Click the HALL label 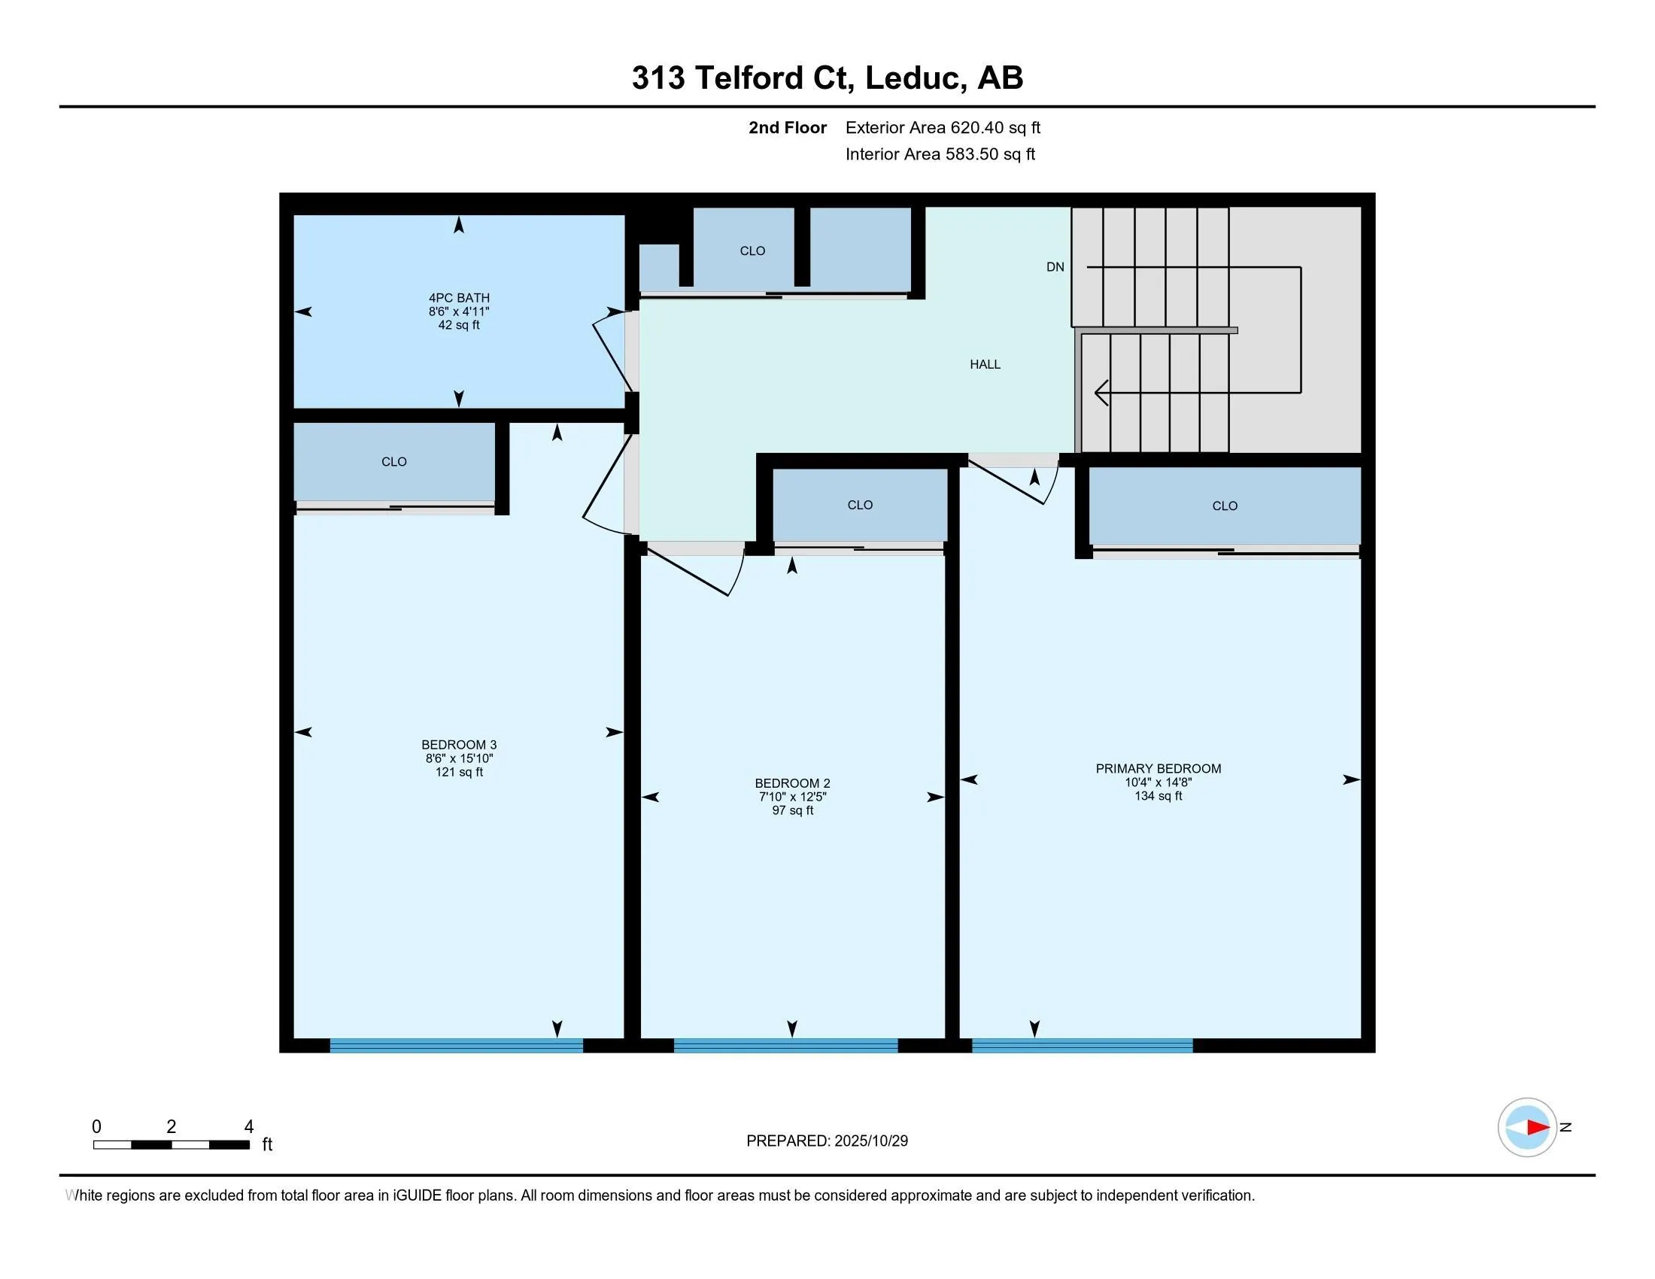pyautogui.click(x=985, y=364)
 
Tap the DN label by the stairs pyautogui.click(x=1055, y=267)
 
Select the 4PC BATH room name pyautogui.click(x=458, y=298)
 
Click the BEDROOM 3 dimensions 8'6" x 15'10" pyautogui.click(x=458, y=758)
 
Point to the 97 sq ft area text pyautogui.click(x=792, y=810)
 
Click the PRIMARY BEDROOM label pyautogui.click(x=1157, y=768)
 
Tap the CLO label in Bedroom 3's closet pyautogui.click(x=393, y=461)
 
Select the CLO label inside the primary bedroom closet pyautogui.click(x=1224, y=506)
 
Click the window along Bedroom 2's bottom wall pyautogui.click(x=785, y=1046)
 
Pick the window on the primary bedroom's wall pyautogui.click(x=1081, y=1046)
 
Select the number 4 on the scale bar pyautogui.click(x=248, y=1127)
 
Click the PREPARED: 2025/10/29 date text pyautogui.click(x=827, y=1141)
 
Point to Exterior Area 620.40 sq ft pyautogui.click(x=942, y=127)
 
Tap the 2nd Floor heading pyautogui.click(x=787, y=127)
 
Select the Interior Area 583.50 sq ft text pyautogui.click(x=940, y=153)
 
